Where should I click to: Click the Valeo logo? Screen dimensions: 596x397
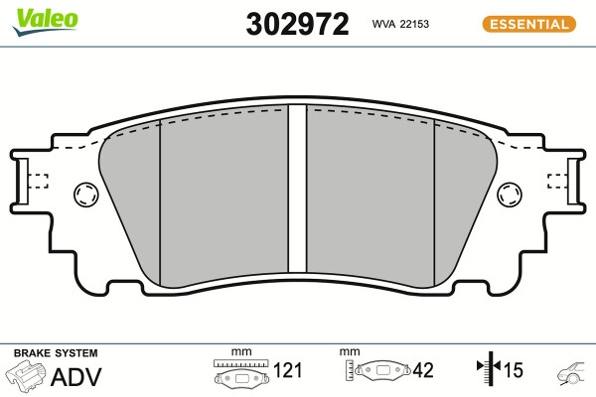(46, 22)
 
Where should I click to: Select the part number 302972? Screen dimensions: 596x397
(297, 24)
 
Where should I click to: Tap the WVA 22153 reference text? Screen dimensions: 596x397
(400, 24)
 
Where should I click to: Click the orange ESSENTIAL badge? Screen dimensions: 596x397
(529, 24)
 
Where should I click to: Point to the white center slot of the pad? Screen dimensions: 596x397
(297, 188)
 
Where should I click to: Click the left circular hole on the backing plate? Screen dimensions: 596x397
(85, 195)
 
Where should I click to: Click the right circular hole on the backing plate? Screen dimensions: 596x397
(510, 195)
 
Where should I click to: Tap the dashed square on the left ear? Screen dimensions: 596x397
(39, 182)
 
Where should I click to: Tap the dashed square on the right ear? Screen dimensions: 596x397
(557, 182)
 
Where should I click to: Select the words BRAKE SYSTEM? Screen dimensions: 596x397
(56, 353)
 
